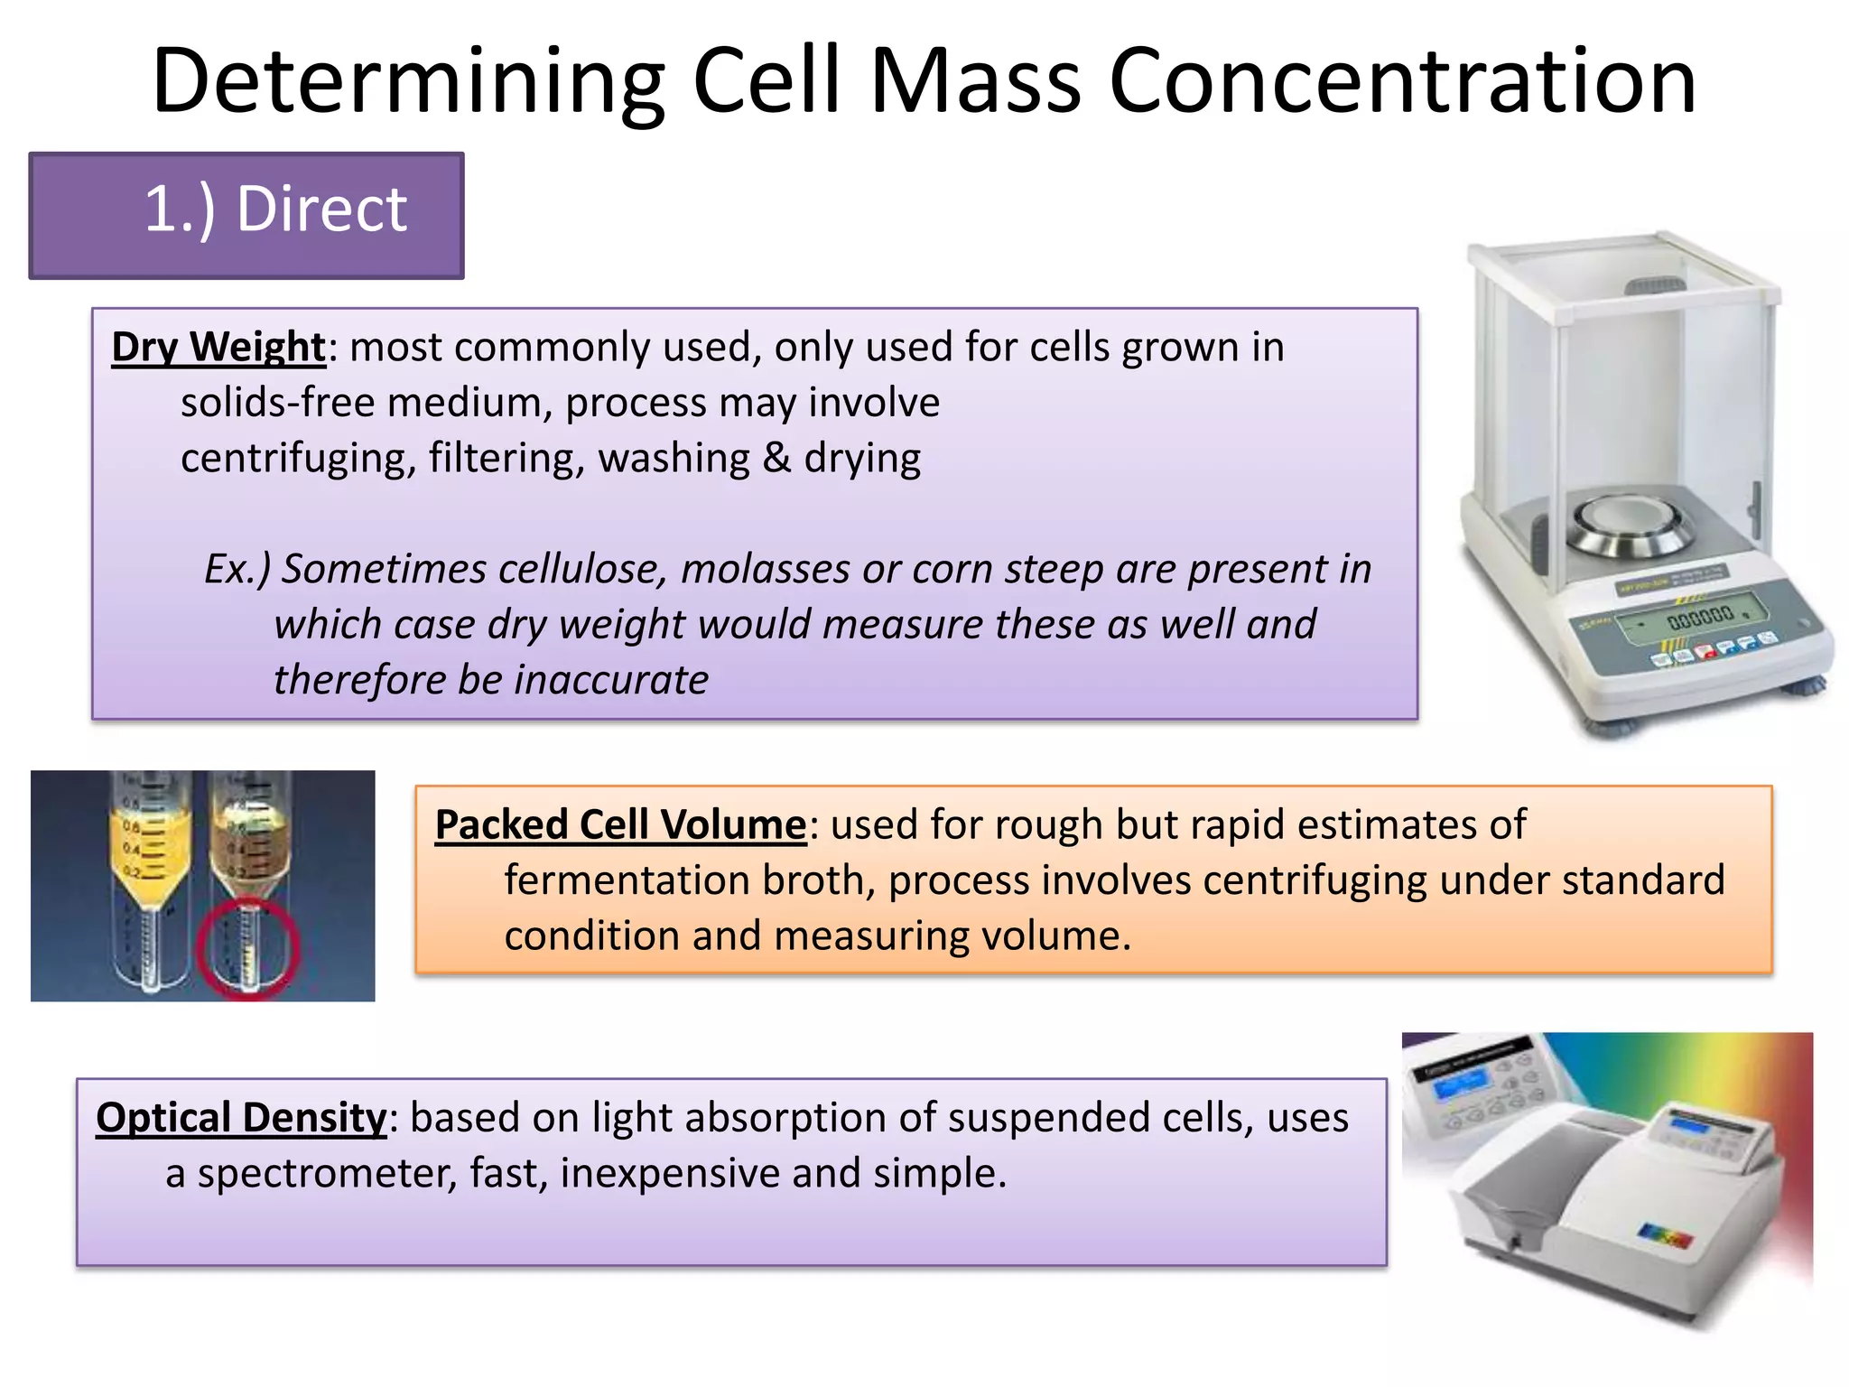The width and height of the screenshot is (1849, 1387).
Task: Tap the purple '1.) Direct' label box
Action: (246, 215)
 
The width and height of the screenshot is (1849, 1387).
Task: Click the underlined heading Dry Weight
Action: (218, 348)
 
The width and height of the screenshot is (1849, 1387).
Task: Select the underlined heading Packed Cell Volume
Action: (620, 825)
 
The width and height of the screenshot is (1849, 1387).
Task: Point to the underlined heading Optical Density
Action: (241, 1118)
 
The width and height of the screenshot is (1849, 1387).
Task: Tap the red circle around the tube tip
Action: (247, 948)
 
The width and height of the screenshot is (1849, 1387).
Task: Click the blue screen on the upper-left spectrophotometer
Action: (1459, 1083)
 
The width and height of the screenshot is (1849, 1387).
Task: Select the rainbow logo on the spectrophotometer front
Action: (1665, 1235)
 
